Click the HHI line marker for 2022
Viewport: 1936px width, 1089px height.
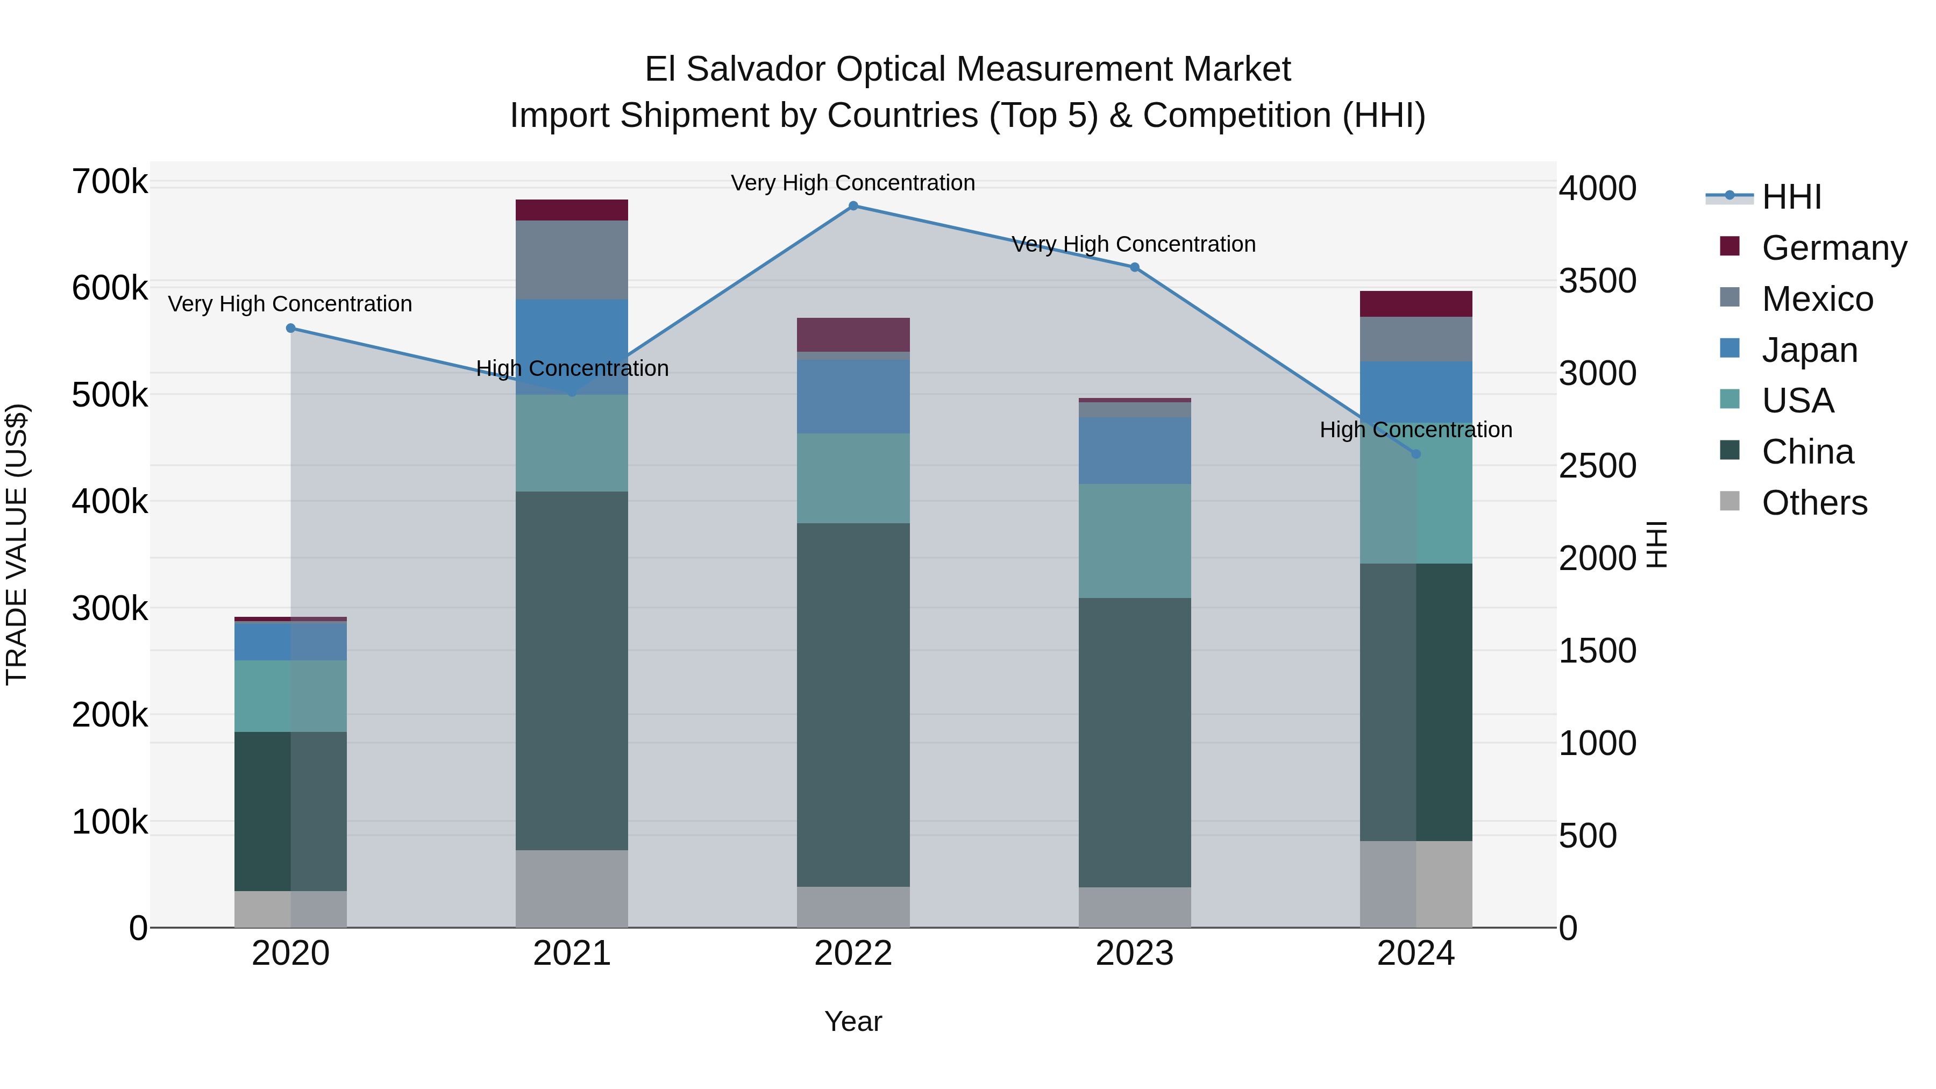pyautogui.click(x=853, y=205)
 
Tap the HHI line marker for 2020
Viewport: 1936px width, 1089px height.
pyautogui.click(x=291, y=329)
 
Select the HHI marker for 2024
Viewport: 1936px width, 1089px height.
pyautogui.click(x=1416, y=454)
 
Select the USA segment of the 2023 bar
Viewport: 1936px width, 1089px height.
pyautogui.click(x=1134, y=540)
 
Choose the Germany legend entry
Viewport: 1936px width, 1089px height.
pyautogui.click(x=1833, y=248)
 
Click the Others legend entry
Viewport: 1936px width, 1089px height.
pyautogui.click(x=1813, y=503)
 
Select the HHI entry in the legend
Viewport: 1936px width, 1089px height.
pyautogui.click(x=1791, y=197)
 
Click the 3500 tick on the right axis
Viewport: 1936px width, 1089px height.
pyautogui.click(x=1597, y=281)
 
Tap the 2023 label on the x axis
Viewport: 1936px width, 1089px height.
pyautogui.click(x=1134, y=953)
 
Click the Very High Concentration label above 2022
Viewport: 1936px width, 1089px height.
pyautogui.click(x=853, y=183)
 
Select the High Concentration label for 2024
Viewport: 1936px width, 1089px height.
pyautogui.click(x=1416, y=430)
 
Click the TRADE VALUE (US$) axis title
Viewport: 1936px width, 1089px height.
pyautogui.click(x=17, y=544)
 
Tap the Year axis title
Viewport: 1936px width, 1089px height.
pyautogui.click(x=853, y=1021)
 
